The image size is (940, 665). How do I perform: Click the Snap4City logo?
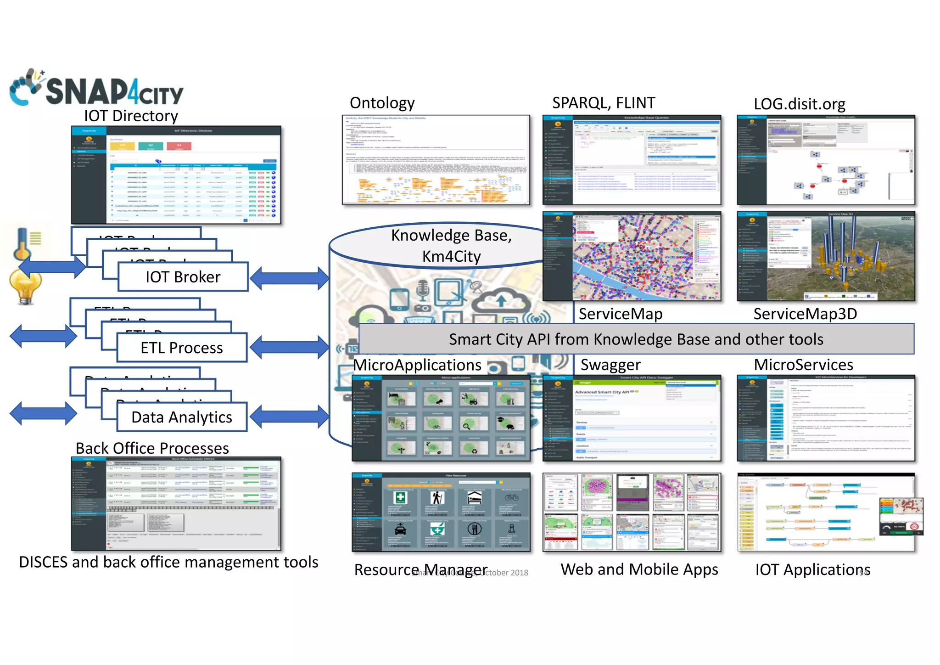coord(96,89)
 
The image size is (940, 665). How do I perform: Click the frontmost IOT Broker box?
coord(183,277)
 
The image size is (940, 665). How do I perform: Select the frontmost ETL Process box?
coord(182,348)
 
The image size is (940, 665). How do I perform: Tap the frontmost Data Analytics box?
coord(182,417)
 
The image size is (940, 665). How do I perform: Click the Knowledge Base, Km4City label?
coord(451,246)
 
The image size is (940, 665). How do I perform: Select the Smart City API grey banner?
coord(636,339)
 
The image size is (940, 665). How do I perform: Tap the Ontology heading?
coord(382,103)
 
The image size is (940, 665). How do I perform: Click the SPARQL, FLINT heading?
coord(603,103)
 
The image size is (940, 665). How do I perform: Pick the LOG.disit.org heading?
coord(799,104)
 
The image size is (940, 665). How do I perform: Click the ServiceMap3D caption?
coord(805,314)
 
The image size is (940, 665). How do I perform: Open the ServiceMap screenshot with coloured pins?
coord(632,256)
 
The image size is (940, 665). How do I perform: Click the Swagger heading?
coord(610,365)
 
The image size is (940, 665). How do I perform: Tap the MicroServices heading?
coord(803,365)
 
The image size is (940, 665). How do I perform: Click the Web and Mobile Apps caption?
coord(639,569)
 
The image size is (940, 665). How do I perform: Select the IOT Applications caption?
coord(812,569)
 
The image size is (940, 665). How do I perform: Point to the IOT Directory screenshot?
coord(176,175)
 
